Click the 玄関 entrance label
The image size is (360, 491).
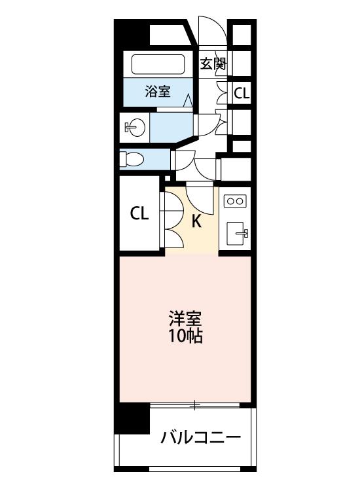coord(213,64)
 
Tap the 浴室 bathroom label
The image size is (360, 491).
coord(158,91)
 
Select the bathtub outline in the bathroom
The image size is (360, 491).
coord(158,65)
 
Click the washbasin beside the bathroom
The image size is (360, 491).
coord(135,128)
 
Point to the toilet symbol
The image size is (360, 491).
coord(132,159)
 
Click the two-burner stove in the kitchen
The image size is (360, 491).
coord(235,201)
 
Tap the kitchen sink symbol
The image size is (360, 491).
coord(237,234)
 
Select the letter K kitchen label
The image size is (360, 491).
coord(196,221)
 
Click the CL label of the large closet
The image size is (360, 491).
coord(139,213)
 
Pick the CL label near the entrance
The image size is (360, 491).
coord(242,93)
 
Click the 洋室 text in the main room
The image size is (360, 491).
coord(185,318)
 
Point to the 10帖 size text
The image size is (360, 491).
coord(185,336)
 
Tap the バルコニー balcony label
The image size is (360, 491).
coord(201,437)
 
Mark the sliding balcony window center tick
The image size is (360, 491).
coord(194,405)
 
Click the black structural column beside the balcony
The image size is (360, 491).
coord(132,418)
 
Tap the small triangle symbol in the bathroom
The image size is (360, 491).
coord(187,100)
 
